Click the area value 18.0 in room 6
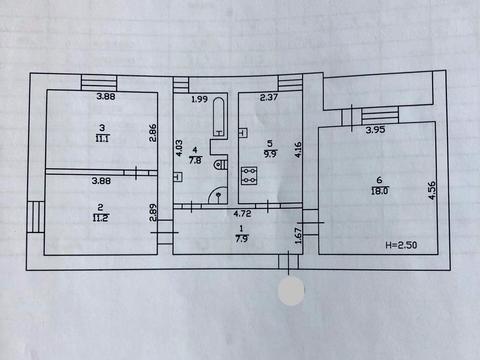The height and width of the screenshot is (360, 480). point(380,191)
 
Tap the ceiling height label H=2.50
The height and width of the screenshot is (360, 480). point(401,245)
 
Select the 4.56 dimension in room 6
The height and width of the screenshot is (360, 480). point(431,190)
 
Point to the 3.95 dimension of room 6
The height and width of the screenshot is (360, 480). point(375,129)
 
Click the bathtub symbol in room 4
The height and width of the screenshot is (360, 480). point(219,117)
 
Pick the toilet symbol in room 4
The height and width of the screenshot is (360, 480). point(220,165)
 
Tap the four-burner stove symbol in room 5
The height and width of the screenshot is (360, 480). point(249,175)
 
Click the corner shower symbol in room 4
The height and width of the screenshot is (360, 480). point(217,195)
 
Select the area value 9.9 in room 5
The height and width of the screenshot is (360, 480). point(270,154)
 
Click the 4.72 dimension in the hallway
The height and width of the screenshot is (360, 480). point(242,213)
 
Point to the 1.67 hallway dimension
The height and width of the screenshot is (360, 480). point(298,235)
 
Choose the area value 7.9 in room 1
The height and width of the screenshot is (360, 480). point(242,239)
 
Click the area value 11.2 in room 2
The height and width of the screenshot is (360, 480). point(101,218)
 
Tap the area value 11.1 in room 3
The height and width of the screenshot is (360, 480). point(102,138)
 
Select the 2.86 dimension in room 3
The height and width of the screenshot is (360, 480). point(152,133)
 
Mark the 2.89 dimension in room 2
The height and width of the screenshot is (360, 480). point(153,213)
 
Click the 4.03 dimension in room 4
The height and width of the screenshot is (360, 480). point(179,148)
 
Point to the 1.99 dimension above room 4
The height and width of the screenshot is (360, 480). point(199,99)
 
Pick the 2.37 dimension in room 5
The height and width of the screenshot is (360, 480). point(269,97)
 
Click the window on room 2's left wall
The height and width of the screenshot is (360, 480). point(35,217)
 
